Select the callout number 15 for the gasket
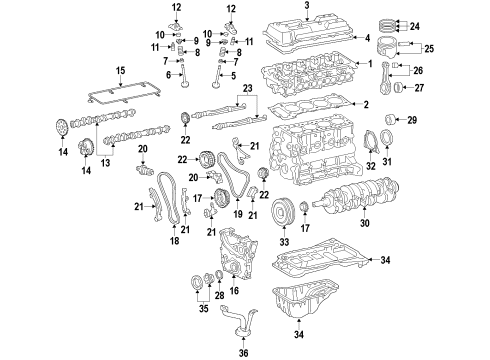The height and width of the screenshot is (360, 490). point(119,70)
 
